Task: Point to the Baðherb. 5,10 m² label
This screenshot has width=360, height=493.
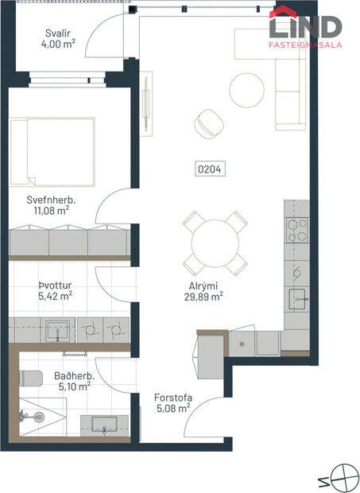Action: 72,381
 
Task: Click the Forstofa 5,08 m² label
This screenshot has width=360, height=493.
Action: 172,402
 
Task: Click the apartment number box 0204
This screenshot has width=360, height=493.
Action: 210,169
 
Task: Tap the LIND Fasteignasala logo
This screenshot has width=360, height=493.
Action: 305,29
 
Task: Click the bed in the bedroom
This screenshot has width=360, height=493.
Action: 52,152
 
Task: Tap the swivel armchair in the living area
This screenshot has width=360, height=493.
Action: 210,123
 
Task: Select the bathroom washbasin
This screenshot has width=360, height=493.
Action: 104,421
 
